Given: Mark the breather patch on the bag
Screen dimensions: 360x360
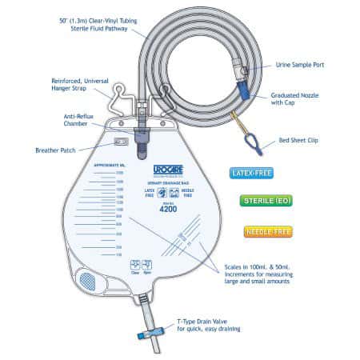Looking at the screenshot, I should pos(121,142).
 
